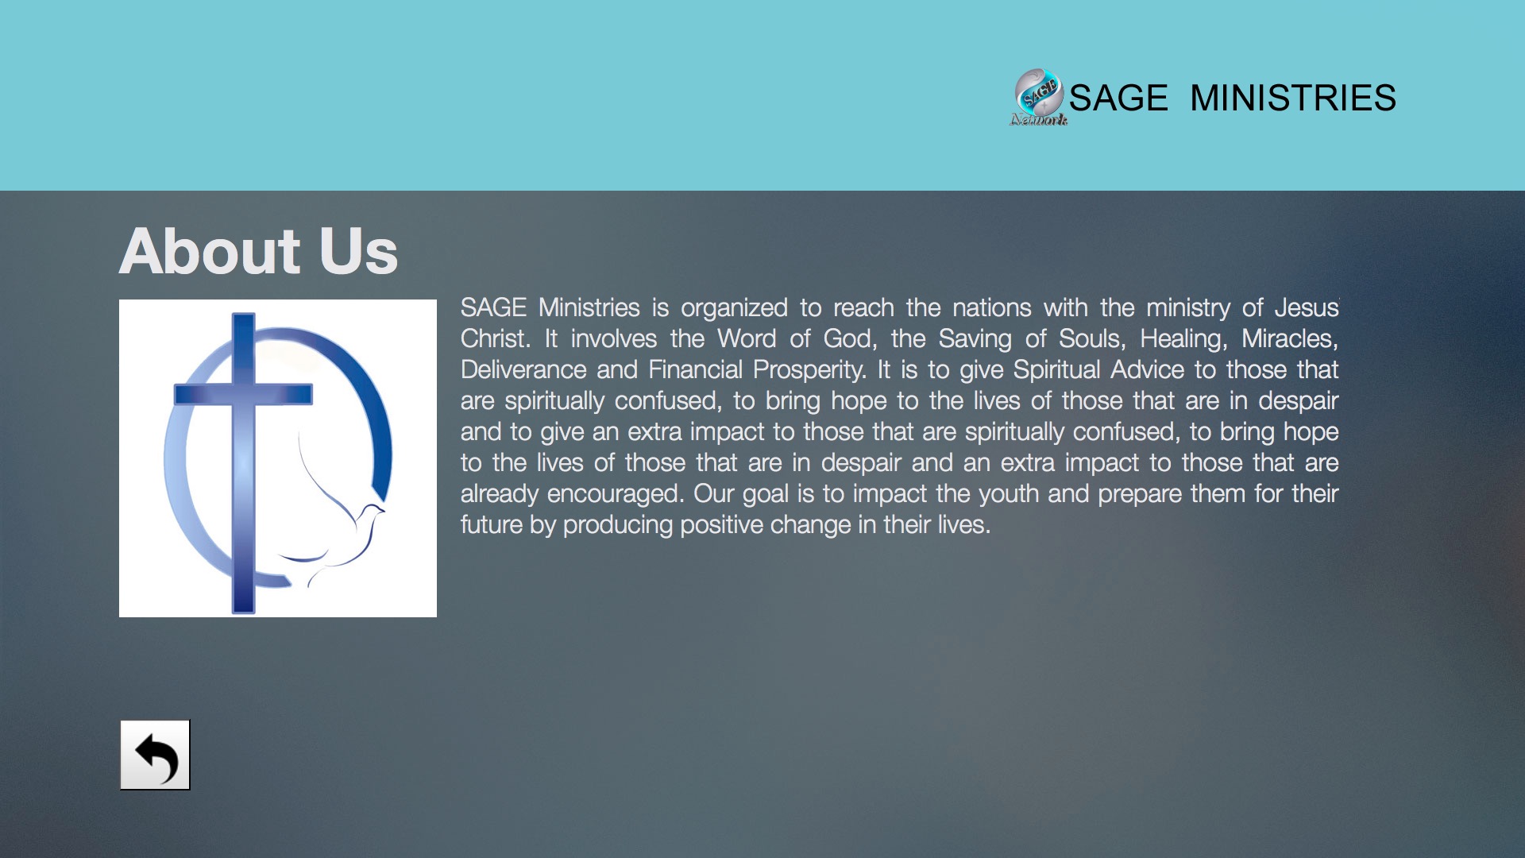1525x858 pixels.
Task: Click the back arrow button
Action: coord(155,755)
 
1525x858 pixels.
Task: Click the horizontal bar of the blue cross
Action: coord(243,394)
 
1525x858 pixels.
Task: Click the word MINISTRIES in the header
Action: coord(1292,98)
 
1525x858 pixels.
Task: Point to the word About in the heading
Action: coord(210,251)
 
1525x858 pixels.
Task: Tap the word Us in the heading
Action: coord(358,251)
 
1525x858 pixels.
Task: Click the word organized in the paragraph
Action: coord(734,308)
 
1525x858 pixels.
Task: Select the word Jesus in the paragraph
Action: coord(1307,307)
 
